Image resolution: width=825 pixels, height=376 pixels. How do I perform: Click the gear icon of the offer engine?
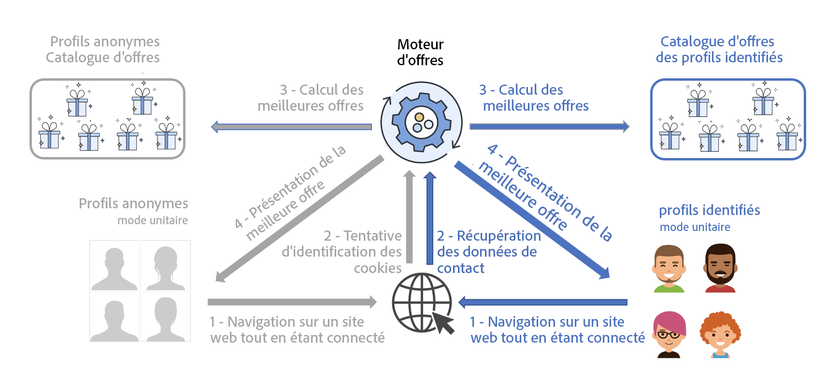(x=421, y=122)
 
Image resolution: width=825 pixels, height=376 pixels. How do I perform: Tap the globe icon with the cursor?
(x=422, y=303)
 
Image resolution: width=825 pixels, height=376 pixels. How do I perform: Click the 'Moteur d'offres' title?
(x=420, y=52)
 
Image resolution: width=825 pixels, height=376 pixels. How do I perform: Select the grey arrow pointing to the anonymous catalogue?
(x=292, y=127)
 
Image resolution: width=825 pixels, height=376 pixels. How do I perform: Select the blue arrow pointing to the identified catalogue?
(x=549, y=127)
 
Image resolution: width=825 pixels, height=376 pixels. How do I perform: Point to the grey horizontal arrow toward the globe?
(x=292, y=302)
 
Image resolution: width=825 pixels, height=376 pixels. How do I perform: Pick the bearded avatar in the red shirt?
(x=720, y=268)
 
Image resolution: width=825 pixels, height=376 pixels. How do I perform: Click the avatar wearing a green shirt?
(x=669, y=268)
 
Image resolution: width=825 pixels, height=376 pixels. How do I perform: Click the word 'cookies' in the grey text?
(x=378, y=268)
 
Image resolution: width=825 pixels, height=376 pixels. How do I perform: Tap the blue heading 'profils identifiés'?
(x=710, y=210)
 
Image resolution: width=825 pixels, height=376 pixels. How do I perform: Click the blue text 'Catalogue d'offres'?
(x=717, y=42)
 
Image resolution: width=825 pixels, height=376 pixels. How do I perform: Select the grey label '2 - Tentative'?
(x=363, y=236)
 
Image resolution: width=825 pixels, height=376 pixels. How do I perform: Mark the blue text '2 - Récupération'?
(x=489, y=236)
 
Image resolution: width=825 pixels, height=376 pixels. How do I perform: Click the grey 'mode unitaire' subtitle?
(x=153, y=220)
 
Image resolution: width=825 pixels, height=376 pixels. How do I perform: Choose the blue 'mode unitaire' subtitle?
(x=695, y=227)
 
